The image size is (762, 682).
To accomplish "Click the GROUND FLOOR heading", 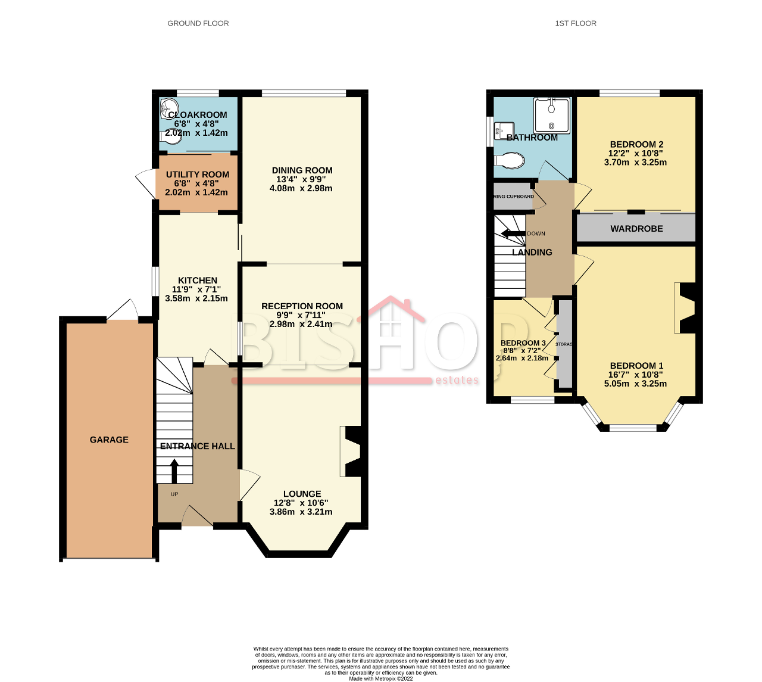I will tap(198, 23).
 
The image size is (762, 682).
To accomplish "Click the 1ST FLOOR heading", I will tap(575, 23).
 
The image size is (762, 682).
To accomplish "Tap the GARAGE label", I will tap(109, 440).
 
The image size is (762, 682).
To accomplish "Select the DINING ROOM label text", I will tap(302, 170).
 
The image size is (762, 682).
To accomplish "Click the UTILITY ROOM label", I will tap(197, 175).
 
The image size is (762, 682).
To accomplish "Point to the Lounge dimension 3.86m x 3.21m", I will tap(301, 512).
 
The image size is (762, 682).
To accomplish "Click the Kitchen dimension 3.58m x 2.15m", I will tap(196, 298).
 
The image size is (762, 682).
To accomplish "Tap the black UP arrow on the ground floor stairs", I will tap(174, 471).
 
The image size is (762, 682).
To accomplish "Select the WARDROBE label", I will tap(636, 229).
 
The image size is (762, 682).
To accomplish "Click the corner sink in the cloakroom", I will tap(167, 109).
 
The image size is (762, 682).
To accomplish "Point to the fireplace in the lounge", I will tap(351, 451).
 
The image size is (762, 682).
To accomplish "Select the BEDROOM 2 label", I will tap(636, 144).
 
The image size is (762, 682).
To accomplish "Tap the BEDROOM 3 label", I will tap(523, 343).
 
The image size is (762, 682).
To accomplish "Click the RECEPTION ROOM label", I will tap(302, 306).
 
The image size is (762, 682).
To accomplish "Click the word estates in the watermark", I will tap(457, 380).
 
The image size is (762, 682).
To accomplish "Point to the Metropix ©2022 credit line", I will tap(381, 678).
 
